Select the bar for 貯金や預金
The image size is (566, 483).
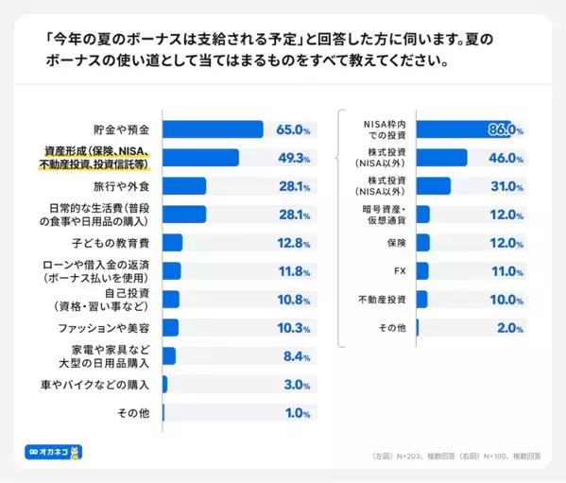pyautogui.click(x=213, y=129)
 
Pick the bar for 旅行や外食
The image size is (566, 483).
pyautogui.click(x=184, y=186)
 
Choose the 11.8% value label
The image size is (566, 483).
pyautogui.click(x=294, y=271)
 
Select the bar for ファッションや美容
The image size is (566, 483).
pyautogui.click(x=171, y=328)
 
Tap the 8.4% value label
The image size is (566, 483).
pyautogui.click(x=297, y=356)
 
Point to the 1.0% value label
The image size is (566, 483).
pyautogui.click(x=299, y=413)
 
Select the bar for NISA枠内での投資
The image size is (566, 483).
pyautogui.click(x=464, y=129)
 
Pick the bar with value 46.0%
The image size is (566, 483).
pyautogui.click(x=441, y=158)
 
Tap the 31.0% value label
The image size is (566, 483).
pyautogui.click(x=506, y=186)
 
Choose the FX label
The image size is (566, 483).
pyautogui.click(x=399, y=271)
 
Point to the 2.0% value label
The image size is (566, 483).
pyautogui.click(x=510, y=328)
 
